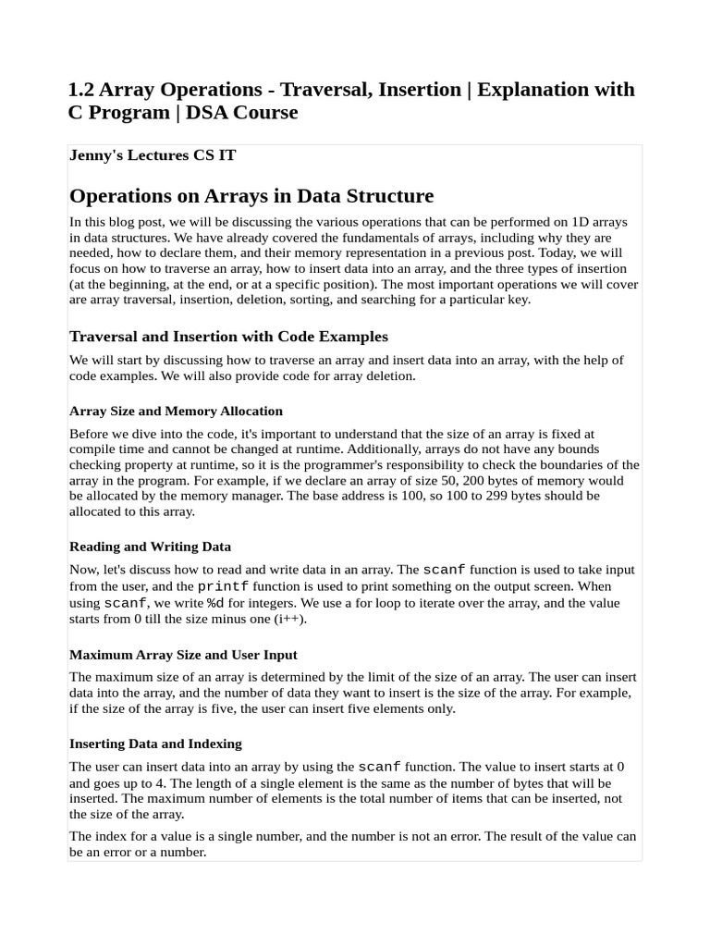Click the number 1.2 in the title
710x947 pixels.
coord(80,90)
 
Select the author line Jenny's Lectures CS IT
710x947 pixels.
coord(153,155)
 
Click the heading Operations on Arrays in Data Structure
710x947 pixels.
coord(251,196)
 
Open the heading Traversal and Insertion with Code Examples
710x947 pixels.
coord(228,336)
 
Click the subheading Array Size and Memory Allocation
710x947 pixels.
coord(176,411)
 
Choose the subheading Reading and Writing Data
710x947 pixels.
coord(150,547)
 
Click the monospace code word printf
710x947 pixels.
coord(223,586)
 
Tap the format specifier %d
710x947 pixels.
coord(214,603)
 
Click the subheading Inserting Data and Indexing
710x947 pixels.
coord(155,744)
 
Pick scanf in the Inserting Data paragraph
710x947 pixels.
coord(379,767)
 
